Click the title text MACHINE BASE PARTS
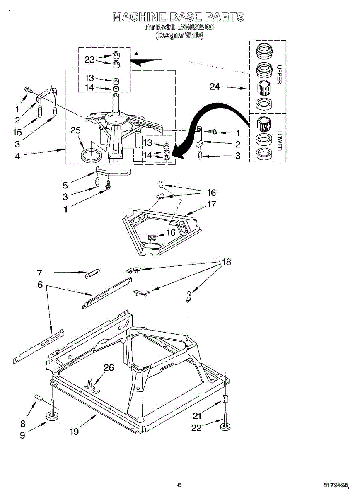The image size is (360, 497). (179, 17)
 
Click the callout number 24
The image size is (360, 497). (215, 87)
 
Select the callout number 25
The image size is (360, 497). (75, 131)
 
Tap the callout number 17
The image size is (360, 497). (212, 204)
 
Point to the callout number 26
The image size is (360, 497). (109, 367)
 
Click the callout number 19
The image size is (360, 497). (74, 432)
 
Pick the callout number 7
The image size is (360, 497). (39, 273)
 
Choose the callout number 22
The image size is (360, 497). (196, 428)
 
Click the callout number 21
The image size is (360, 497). (197, 416)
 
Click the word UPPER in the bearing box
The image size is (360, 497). (279, 75)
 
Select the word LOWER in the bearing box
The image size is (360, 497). (279, 141)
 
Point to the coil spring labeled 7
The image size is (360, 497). (92, 273)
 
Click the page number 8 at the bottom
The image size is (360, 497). (179, 485)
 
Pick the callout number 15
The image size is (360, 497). (17, 133)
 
